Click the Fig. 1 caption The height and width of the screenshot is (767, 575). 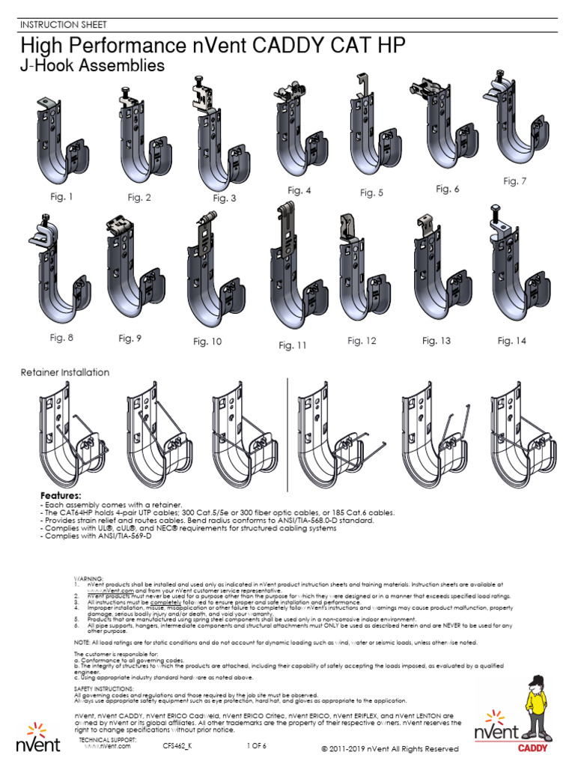61,197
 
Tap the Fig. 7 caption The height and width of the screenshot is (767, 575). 514,181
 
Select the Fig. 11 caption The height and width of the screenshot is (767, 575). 293,345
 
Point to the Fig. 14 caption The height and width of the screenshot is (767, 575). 512,341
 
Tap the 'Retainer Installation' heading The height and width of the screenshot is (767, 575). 64,372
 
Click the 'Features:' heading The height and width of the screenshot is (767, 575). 61,496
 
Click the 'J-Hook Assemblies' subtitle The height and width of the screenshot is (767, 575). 91,67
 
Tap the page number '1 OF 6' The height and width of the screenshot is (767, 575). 256,746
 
